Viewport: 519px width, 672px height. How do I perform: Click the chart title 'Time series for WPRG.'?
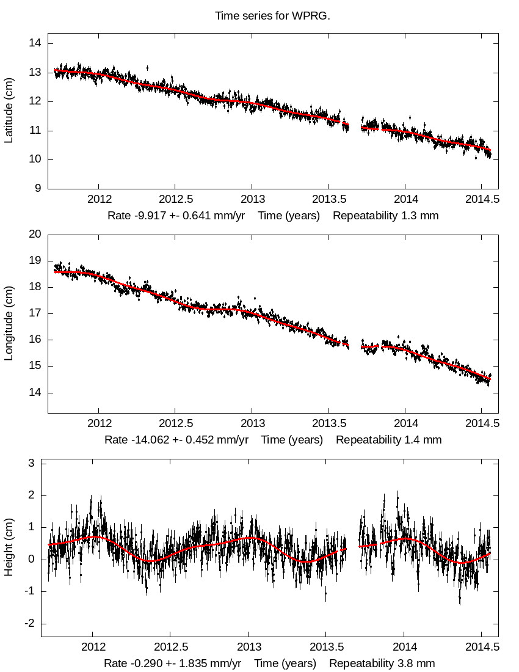point(272,16)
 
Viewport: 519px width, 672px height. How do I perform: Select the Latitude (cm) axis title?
point(9,111)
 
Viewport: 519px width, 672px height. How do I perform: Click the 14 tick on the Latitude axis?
point(35,43)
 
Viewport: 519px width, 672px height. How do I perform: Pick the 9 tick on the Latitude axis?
point(38,189)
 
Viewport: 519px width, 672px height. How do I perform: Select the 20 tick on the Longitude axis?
point(35,234)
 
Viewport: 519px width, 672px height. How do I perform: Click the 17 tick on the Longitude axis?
point(35,313)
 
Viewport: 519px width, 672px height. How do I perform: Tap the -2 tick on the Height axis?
point(31,624)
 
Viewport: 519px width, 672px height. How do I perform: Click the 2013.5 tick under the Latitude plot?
point(328,200)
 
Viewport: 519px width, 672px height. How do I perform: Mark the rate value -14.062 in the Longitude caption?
point(148,440)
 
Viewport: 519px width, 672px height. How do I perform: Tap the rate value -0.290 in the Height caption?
point(142,663)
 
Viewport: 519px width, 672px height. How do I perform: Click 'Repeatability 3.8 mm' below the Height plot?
point(382,663)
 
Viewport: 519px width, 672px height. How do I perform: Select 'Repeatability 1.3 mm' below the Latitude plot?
point(385,216)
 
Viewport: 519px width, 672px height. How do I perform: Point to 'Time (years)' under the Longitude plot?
point(292,440)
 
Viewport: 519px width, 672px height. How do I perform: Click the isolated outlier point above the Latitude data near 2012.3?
point(147,68)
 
